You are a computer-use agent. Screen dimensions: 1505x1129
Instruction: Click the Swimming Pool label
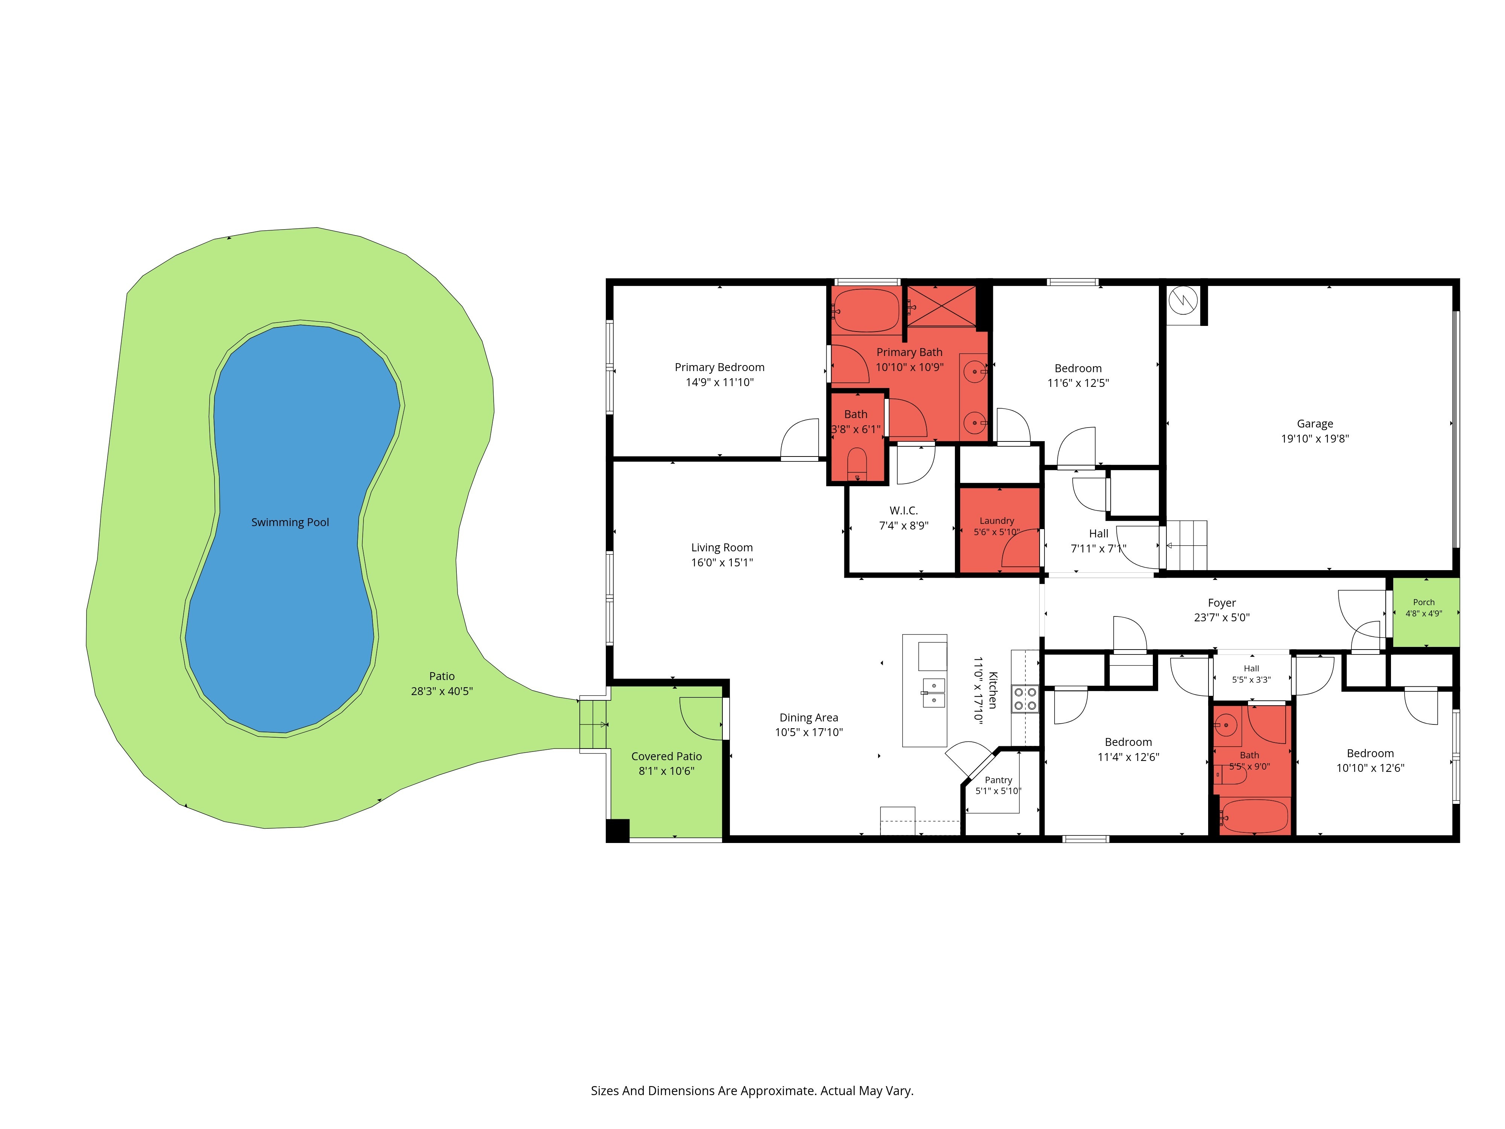pyautogui.click(x=290, y=523)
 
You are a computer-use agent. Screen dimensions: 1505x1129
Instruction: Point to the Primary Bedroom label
pyautogui.click(x=719, y=367)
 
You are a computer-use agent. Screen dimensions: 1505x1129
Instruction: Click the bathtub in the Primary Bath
pyautogui.click(x=866, y=311)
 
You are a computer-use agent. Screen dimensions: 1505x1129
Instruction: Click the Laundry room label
pyautogui.click(x=997, y=520)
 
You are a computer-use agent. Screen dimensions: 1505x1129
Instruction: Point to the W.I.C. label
pyautogui.click(x=903, y=510)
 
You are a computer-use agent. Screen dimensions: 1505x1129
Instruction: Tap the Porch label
pyautogui.click(x=1423, y=602)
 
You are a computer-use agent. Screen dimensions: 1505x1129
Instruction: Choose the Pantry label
pyautogui.click(x=998, y=780)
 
